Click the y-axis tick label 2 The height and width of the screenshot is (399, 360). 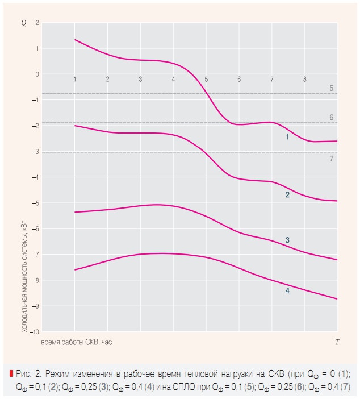tap(37, 23)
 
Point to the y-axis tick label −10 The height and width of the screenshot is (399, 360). tap(35, 331)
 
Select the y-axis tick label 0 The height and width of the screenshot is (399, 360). tap(37, 74)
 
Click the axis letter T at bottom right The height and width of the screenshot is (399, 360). tap(337, 342)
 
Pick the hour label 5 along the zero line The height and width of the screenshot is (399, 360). tap(206, 79)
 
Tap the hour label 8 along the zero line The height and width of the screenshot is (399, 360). tap(305, 79)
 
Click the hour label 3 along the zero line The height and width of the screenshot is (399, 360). tap(140, 79)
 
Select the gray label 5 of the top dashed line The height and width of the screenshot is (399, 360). tap(331, 88)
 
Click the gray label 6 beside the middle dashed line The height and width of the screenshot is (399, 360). tap(331, 117)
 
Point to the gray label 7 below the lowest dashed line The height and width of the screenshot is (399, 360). tap(331, 159)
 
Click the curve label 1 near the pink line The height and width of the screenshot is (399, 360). tap(288, 137)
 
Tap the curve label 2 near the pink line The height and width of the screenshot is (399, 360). tap(288, 195)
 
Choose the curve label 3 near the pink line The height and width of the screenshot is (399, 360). tap(288, 240)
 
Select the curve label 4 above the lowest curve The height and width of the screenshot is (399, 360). tap(288, 290)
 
